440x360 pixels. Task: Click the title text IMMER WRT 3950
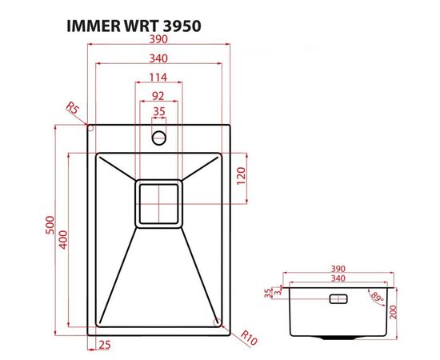[x=131, y=25]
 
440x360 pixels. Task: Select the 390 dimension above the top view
[x=158, y=40]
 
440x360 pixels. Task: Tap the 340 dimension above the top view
[x=158, y=58]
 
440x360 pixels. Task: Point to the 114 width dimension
[x=158, y=78]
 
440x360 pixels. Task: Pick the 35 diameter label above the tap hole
[x=158, y=112]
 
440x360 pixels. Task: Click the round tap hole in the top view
[x=159, y=137]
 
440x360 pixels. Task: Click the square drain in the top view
[x=159, y=202]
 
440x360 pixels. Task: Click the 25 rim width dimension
[x=104, y=345]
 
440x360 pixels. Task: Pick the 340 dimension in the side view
[x=338, y=279]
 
